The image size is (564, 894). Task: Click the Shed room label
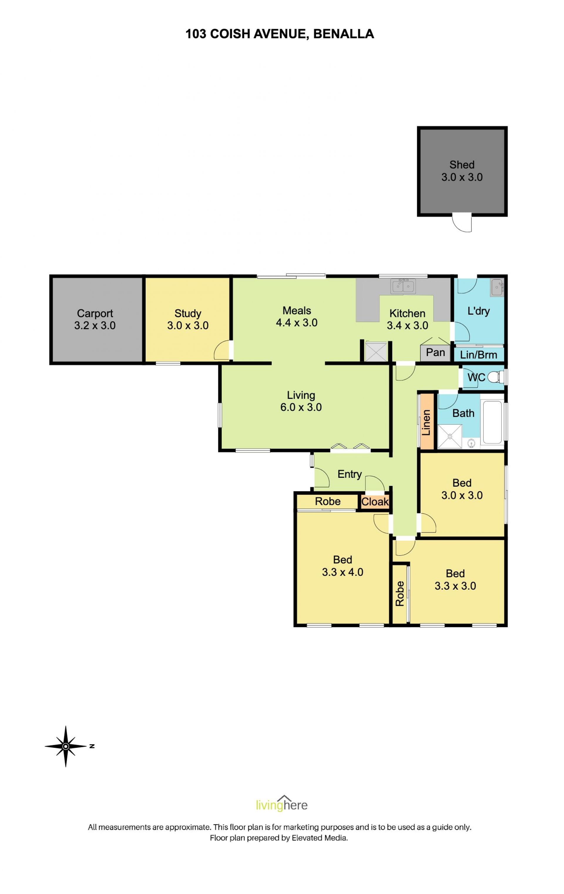461,164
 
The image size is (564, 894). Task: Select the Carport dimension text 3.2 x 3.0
95,325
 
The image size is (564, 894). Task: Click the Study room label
188,313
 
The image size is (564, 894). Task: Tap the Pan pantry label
435,352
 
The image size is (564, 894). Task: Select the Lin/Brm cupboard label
478,355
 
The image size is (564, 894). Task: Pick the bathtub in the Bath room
492,422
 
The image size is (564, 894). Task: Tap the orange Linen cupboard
427,422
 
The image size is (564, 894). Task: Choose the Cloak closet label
375,502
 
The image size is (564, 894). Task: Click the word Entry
349,474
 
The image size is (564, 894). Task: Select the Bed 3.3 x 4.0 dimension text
342,572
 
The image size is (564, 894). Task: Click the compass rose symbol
66,747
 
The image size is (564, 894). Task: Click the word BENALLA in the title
343,34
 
